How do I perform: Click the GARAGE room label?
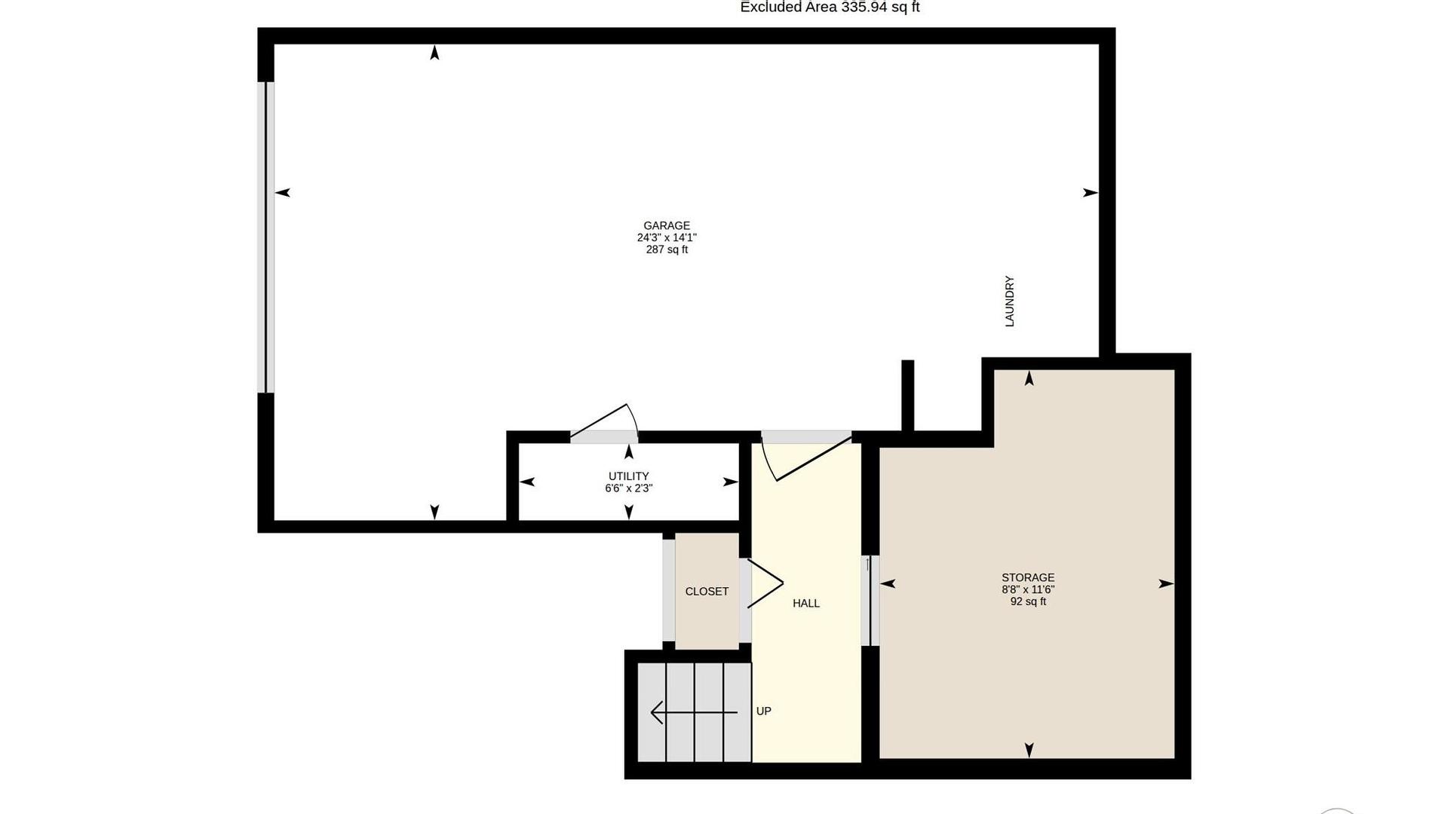(x=667, y=225)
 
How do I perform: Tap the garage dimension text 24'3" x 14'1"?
(x=667, y=237)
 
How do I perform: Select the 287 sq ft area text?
(x=667, y=249)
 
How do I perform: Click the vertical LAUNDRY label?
(x=1010, y=301)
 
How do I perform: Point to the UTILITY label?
(x=629, y=476)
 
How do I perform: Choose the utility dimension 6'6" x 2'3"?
(x=629, y=488)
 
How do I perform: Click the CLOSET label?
(x=707, y=592)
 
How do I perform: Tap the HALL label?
(x=806, y=603)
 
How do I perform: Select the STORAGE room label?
(x=1028, y=578)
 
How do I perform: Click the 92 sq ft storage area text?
(x=1028, y=601)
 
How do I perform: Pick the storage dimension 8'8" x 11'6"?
(x=1028, y=589)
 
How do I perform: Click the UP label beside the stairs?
(x=764, y=711)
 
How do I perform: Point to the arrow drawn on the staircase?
(x=694, y=712)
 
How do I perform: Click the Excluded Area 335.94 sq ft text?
(x=830, y=7)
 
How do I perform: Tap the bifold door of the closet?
(x=765, y=583)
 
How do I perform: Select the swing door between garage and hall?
(x=806, y=456)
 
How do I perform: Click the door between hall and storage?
(x=870, y=601)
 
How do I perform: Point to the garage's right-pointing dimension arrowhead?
(x=1091, y=193)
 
